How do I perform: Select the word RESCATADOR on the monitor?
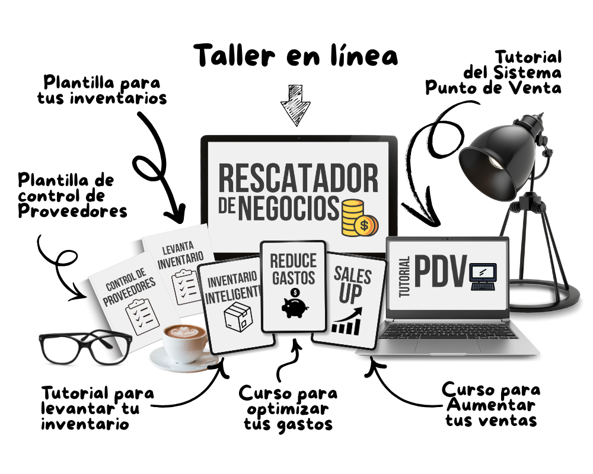click(x=298, y=178)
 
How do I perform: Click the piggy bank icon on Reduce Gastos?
click(x=293, y=305)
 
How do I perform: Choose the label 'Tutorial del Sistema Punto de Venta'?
click(x=495, y=72)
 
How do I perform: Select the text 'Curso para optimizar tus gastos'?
click(x=288, y=408)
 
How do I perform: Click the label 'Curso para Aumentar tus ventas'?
click(x=492, y=405)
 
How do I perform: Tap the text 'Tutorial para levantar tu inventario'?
click(x=98, y=408)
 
